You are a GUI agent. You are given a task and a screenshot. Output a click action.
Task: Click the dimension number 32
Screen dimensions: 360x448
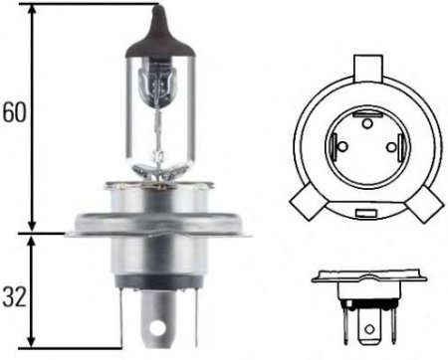[13, 295]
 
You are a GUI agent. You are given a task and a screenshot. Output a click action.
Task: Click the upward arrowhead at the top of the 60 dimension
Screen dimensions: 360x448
[36, 12]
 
